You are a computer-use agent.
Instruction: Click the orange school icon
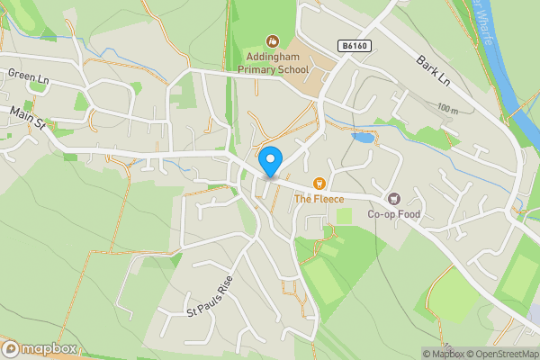click(273, 40)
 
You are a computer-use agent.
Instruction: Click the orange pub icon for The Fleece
click(318, 184)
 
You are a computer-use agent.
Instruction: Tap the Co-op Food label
click(393, 214)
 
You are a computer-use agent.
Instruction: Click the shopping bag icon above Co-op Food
click(392, 198)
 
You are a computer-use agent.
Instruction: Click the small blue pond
click(364, 139)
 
